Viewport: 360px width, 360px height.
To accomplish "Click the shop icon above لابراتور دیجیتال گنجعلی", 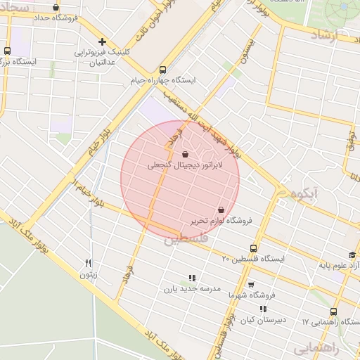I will click(x=185, y=154).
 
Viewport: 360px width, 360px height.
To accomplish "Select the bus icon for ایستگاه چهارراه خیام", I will click(x=163, y=70).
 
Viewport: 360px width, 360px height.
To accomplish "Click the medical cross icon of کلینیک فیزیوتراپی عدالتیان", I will click(x=103, y=41).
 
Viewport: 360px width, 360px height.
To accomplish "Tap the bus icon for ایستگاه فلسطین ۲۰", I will click(x=253, y=248).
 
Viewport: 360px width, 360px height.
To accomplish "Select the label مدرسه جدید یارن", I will click(x=193, y=288).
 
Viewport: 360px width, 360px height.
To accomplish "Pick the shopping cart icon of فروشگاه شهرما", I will click(x=251, y=285).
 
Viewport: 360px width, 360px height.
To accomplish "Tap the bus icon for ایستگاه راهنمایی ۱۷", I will click(x=333, y=311).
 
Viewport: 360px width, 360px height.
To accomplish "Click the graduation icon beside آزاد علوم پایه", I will click(x=352, y=255).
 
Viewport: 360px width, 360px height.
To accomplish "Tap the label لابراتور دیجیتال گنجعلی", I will click(x=185, y=166).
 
